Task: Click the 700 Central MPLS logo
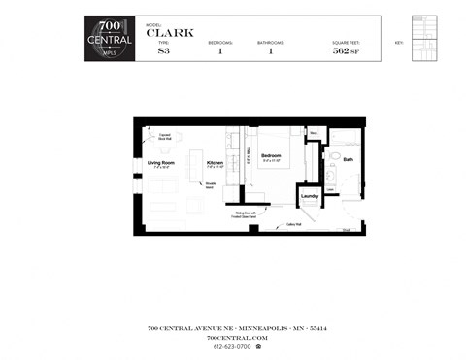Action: click(111, 38)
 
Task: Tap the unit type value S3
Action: click(163, 51)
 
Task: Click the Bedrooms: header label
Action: click(220, 43)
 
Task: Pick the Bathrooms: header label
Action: click(271, 43)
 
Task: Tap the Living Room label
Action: click(160, 163)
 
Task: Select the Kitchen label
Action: click(215, 163)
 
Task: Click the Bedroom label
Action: click(272, 155)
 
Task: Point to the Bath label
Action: click(347, 160)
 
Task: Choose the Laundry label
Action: click(311, 196)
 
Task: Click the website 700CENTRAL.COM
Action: click(232, 336)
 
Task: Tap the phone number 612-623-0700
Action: click(231, 346)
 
